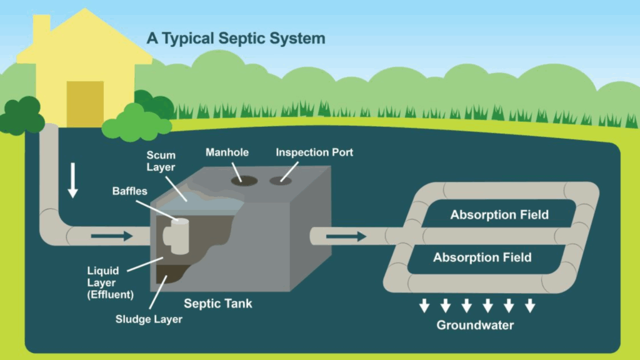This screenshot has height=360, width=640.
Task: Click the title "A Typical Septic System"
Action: [x=236, y=37]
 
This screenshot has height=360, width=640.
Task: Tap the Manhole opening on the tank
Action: [x=244, y=180]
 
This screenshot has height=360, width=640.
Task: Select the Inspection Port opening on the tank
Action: [x=279, y=181]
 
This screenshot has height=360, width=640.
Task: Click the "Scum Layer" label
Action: [x=161, y=161]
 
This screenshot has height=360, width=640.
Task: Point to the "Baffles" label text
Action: [x=130, y=191]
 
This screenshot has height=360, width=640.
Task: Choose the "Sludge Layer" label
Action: [x=149, y=319]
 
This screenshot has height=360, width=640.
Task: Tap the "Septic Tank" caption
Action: [x=218, y=304]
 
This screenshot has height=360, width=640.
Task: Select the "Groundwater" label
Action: [x=475, y=325]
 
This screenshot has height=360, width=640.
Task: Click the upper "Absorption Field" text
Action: [x=499, y=215]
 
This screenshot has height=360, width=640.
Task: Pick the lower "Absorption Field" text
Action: [x=482, y=257]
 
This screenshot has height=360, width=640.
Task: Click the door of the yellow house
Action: [x=85, y=104]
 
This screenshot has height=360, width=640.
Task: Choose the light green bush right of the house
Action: [x=133, y=122]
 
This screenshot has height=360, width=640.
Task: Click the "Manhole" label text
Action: [x=227, y=152]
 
